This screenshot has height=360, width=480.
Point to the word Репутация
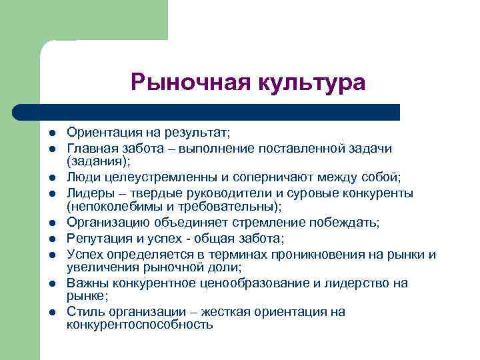(97, 238)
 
